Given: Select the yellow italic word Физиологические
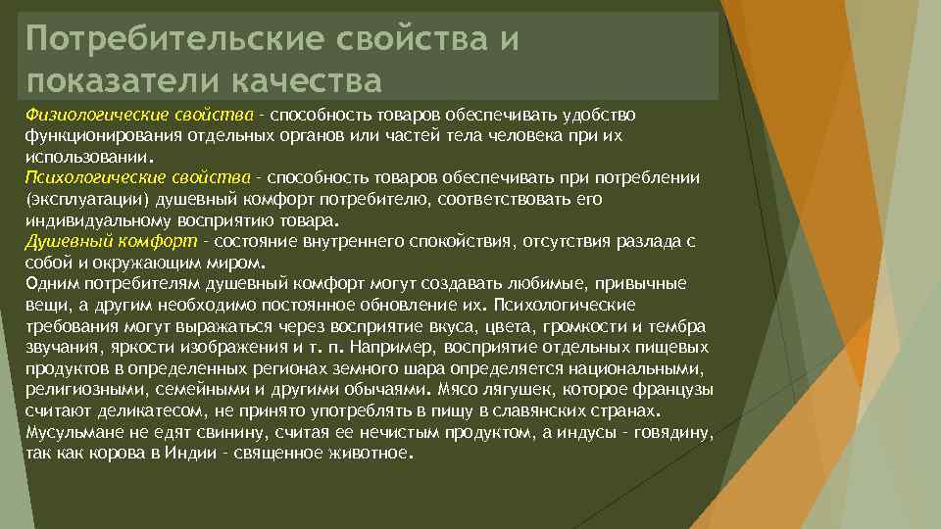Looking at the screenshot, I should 89,116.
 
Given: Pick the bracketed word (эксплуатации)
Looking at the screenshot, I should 75,198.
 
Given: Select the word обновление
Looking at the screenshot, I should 377,305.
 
